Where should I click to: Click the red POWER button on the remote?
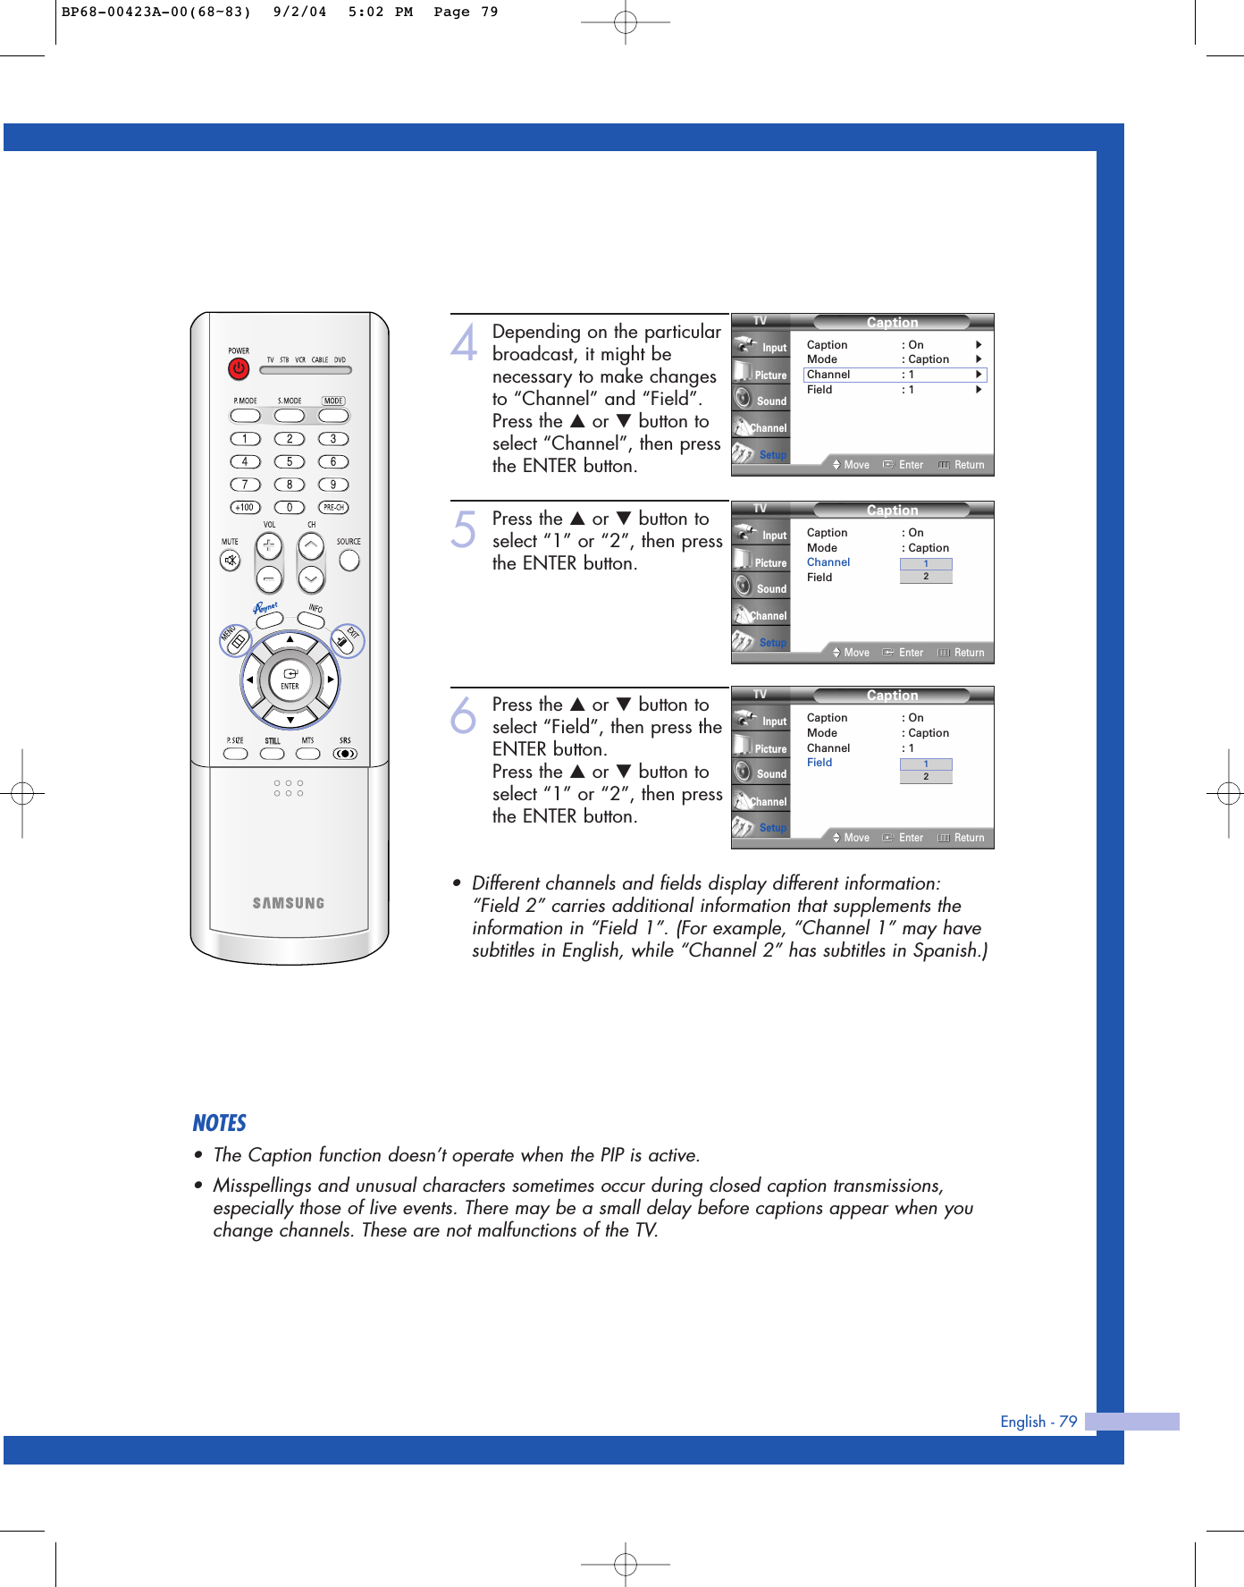(x=238, y=368)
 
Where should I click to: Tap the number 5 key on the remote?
(x=289, y=462)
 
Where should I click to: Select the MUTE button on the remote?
(x=231, y=561)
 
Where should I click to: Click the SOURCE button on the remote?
(x=349, y=560)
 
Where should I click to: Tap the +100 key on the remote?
(x=245, y=507)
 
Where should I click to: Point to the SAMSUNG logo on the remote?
(x=288, y=903)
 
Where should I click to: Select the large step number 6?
(x=464, y=715)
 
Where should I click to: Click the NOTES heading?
(x=219, y=1123)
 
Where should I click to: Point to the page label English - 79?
(x=1038, y=1422)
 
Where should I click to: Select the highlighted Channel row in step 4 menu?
(x=894, y=375)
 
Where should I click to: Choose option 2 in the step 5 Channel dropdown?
(x=926, y=577)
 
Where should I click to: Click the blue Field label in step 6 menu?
(x=820, y=763)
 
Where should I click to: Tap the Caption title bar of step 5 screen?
(x=892, y=511)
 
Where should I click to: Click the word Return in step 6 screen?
(x=969, y=838)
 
